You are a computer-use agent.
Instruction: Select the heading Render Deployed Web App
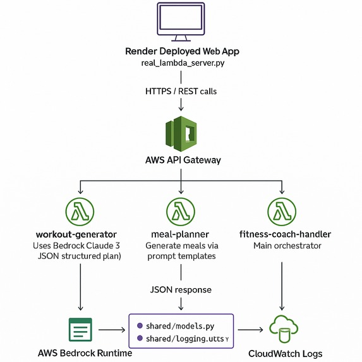181,52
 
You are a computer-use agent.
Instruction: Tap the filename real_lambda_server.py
181,65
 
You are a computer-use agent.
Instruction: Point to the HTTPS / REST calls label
181,92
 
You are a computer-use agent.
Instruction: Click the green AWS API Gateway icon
181,132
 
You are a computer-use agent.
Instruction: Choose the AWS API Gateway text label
181,160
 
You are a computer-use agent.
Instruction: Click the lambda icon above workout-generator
80,210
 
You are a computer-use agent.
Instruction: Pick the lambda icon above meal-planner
181,210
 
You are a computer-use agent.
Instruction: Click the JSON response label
181,289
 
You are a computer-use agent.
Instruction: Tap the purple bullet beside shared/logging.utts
139,339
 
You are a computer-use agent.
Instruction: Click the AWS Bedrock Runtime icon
80,330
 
